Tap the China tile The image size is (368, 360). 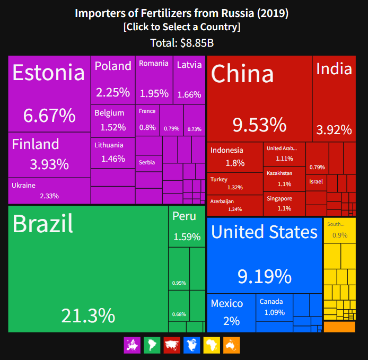coord(259,98)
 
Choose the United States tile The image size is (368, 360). coord(264,255)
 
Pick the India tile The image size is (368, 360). coord(334,98)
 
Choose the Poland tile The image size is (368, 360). coord(112,80)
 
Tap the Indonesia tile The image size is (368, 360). coord(234,156)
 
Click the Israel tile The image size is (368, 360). coord(316,182)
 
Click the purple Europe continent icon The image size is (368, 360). coord(131,345)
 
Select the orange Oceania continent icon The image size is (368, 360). coord(231,345)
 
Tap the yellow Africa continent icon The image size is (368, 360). coord(212,345)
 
